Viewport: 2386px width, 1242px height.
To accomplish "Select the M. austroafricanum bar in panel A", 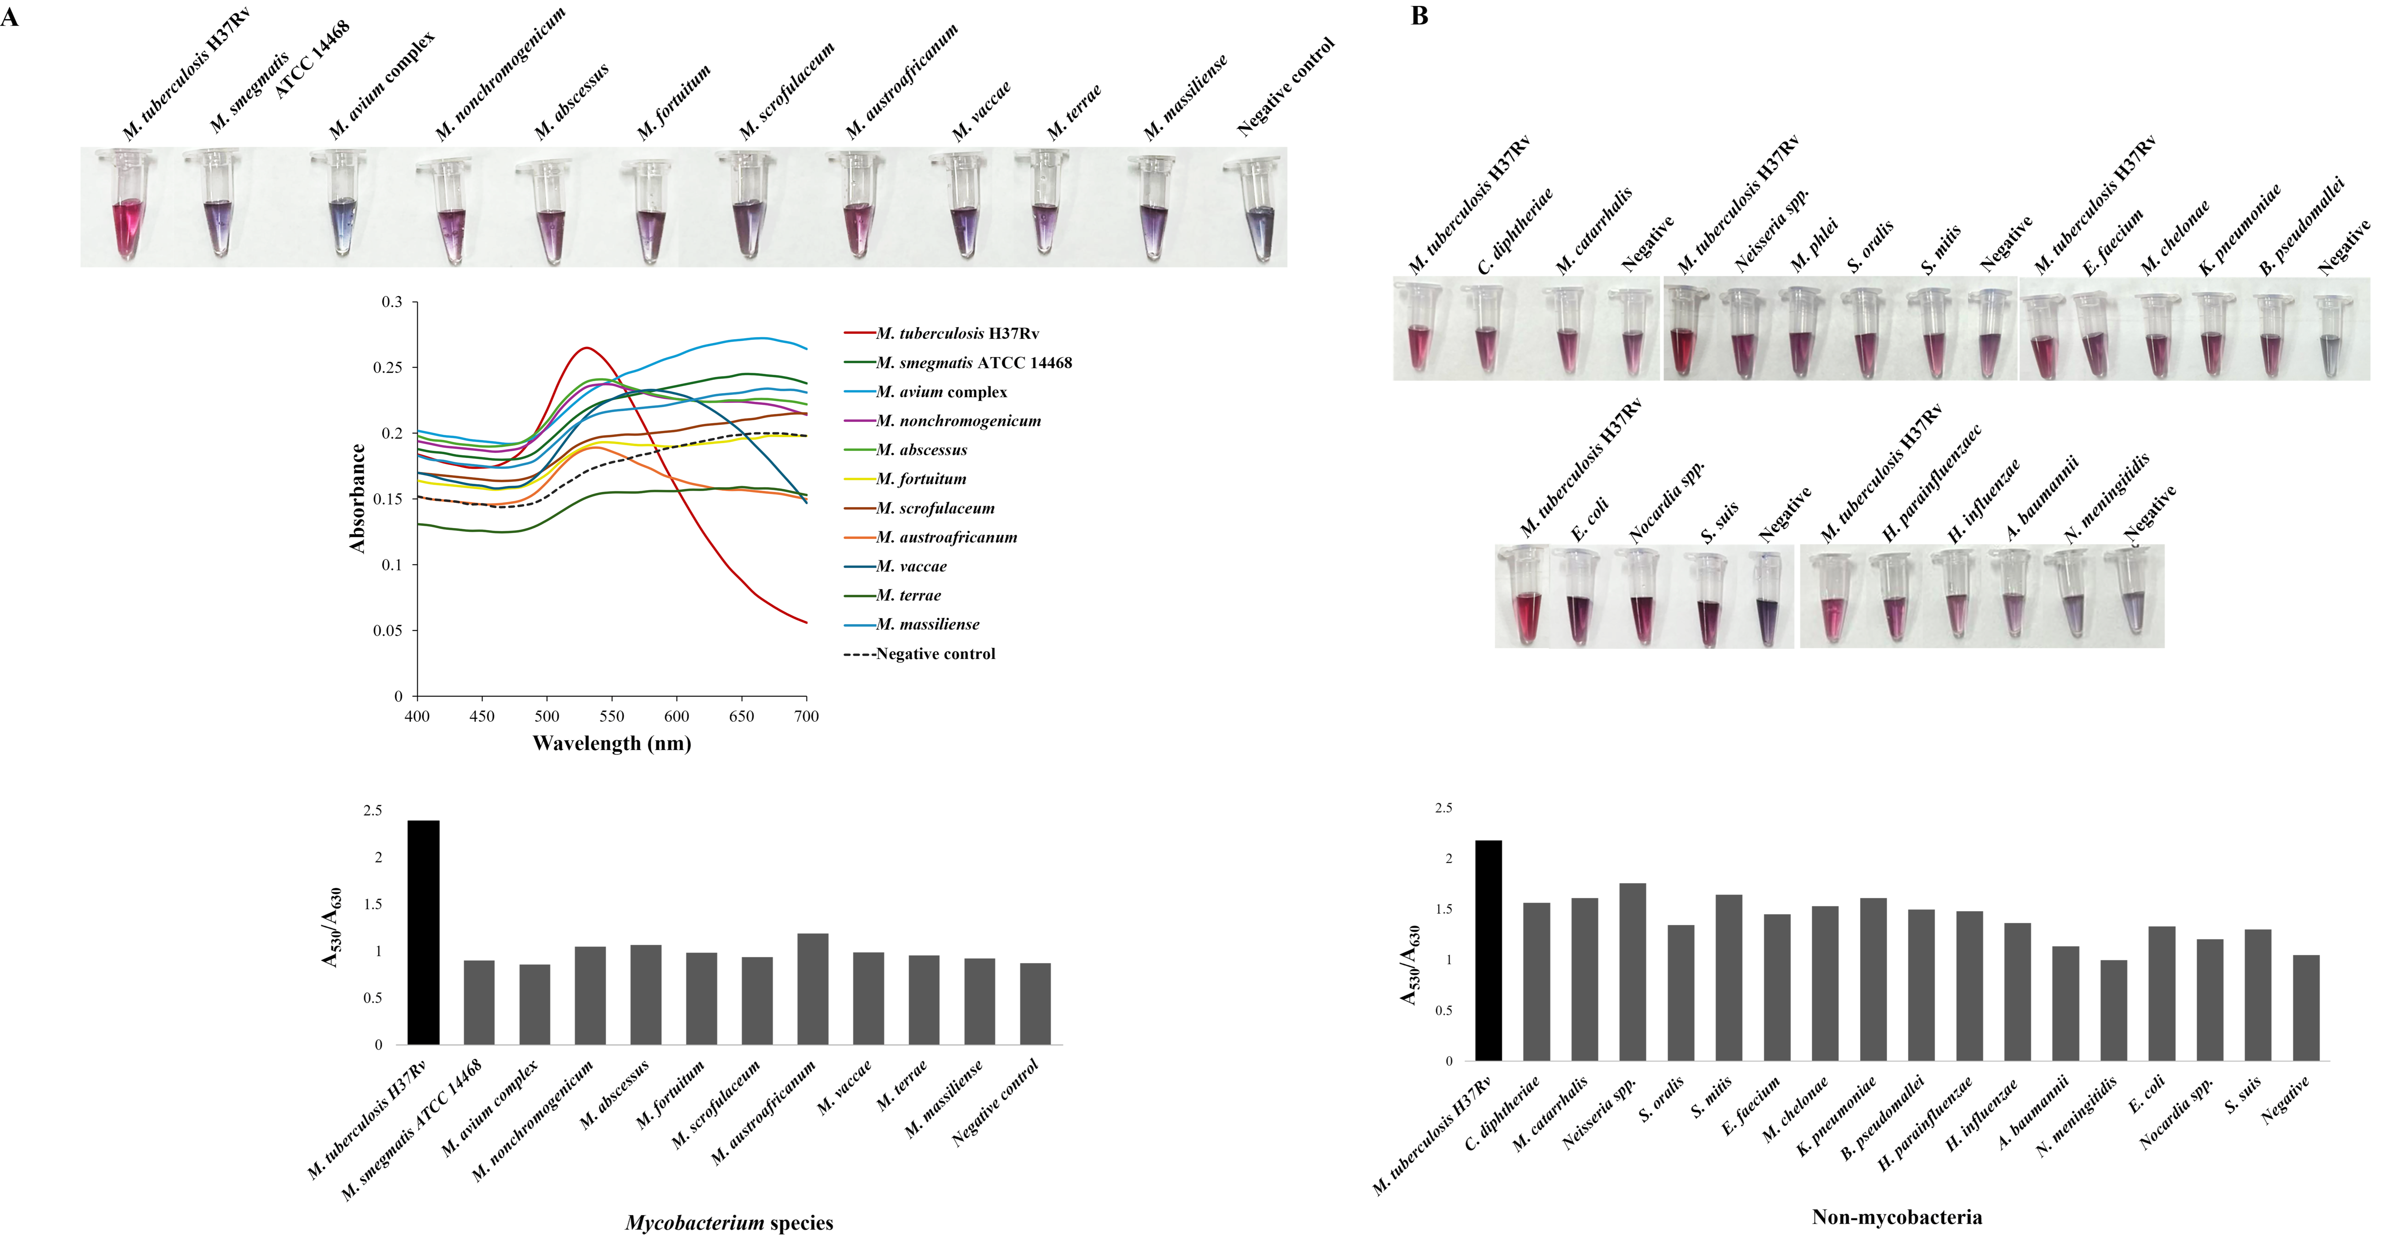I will coord(812,989).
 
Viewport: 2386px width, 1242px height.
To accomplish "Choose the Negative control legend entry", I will coord(935,654).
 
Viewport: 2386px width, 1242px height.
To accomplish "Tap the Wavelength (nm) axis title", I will coord(611,743).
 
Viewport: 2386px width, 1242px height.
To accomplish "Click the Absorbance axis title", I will coord(357,498).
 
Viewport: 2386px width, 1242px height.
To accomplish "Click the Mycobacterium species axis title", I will coord(729,1222).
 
